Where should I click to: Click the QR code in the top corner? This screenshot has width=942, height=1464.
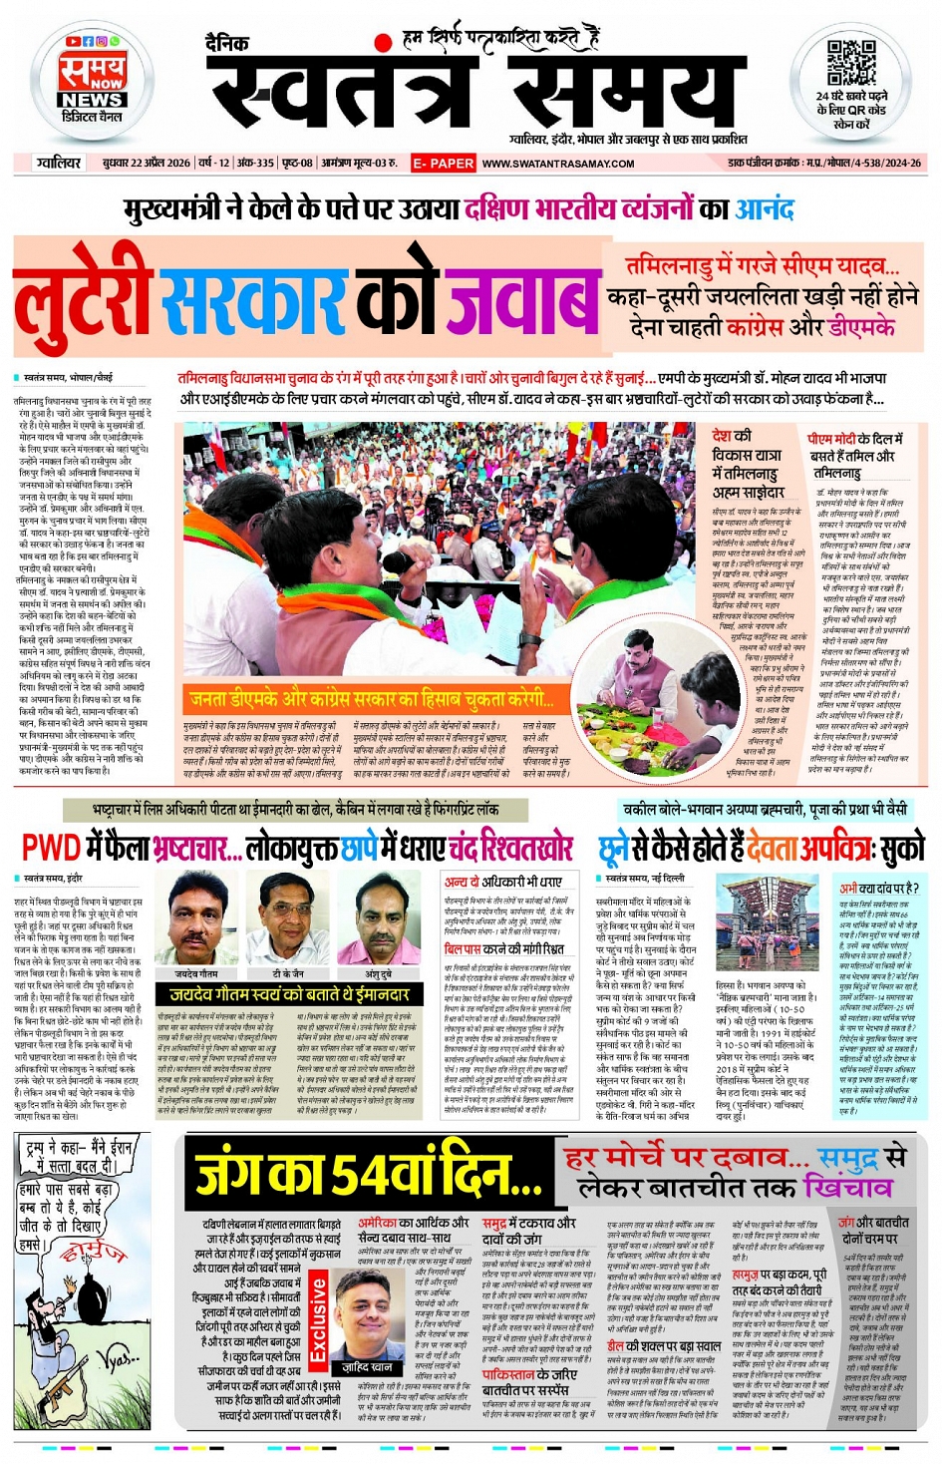pos(850,64)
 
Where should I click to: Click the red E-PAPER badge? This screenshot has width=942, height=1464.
pos(444,163)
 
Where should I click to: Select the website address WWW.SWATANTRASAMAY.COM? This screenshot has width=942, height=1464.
pos(558,164)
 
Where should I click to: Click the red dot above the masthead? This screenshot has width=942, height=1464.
pos(382,42)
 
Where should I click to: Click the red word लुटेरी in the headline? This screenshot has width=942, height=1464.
pos(84,302)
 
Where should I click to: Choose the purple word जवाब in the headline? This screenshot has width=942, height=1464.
pos(522,300)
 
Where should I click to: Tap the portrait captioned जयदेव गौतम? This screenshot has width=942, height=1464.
pos(196,916)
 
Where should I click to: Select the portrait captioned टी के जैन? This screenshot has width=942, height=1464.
pos(288,916)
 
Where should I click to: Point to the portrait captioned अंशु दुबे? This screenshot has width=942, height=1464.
pos(378,916)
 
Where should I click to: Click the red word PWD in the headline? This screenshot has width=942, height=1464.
pos(51,848)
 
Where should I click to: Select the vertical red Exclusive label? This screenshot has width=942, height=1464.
pos(318,1317)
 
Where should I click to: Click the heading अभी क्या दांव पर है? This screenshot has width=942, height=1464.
pos(878,888)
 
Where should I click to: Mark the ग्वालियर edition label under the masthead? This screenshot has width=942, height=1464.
pos(58,163)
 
